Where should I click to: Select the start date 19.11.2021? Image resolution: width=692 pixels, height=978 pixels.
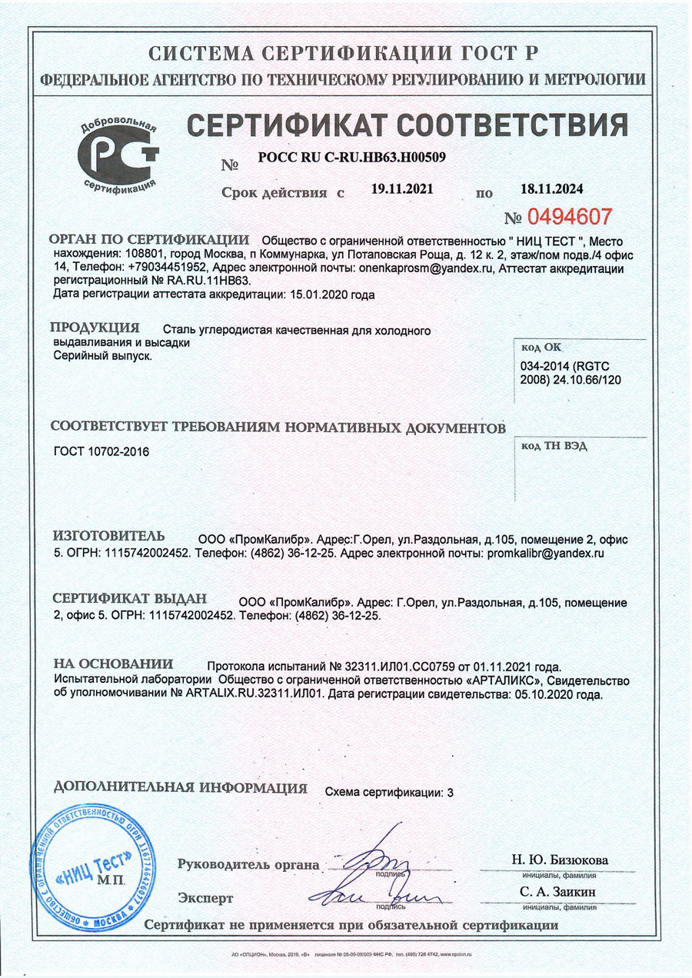click(x=403, y=188)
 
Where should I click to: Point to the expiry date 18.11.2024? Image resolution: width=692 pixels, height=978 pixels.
click(x=553, y=188)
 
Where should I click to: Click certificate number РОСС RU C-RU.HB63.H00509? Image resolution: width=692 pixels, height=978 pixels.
click(x=352, y=157)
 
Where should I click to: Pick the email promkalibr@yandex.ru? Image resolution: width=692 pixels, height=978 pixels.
click(x=541, y=552)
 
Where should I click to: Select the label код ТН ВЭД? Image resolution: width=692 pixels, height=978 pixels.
click(x=554, y=447)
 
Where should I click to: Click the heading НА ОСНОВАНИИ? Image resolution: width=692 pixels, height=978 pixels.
click(x=113, y=664)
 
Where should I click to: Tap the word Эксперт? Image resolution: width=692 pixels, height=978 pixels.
click(x=205, y=897)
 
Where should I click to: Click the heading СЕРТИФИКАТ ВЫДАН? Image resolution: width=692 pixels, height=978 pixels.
click(x=129, y=599)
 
